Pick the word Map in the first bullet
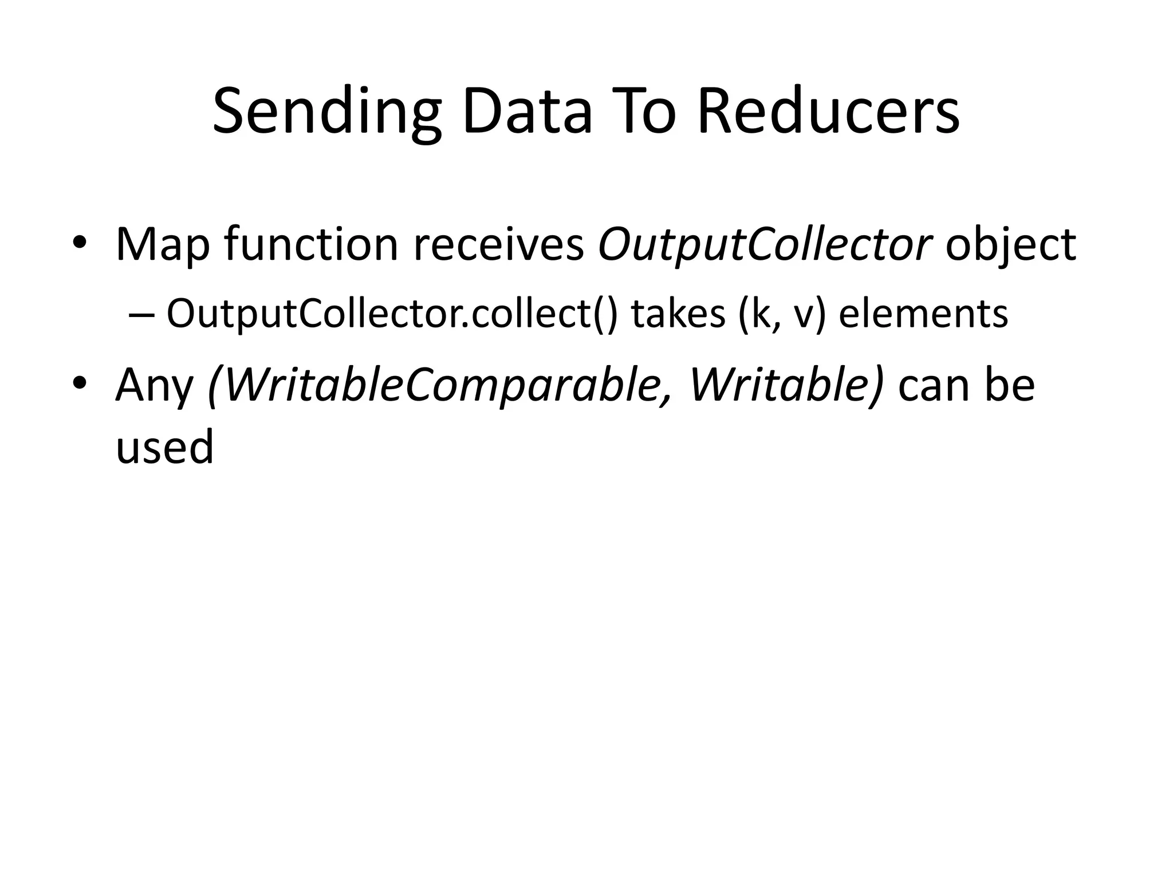pyautogui.click(x=163, y=245)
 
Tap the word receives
pyautogui.click(x=498, y=245)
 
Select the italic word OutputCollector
pyautogui.click(x=764, y=245)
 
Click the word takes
pyautogui.click(x=679, y=314)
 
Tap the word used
pyautogui.click(x=165, y=446)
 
